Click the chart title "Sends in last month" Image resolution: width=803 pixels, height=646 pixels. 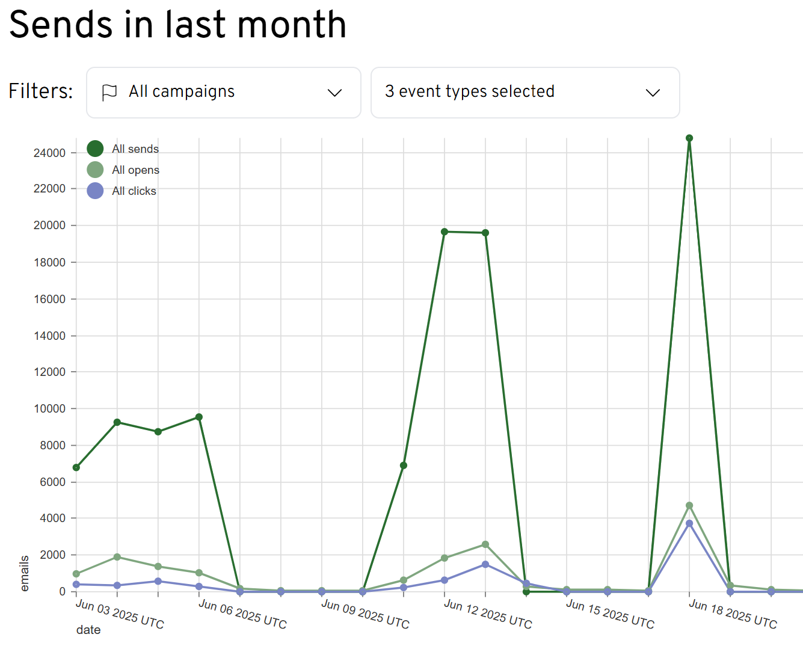tap(177, 25)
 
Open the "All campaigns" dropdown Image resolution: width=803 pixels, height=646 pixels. tap(223, 93)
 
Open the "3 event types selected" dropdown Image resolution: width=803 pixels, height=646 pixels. tap(525, 93)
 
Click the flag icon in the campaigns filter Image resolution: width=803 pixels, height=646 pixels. tap(109, 93)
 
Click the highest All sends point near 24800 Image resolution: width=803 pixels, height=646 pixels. tap(689, 138)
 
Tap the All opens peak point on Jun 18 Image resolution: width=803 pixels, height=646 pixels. tap(689, 506)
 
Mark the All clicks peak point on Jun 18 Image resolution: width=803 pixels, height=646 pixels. tap(689, 523)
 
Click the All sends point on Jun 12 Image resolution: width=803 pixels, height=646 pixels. tap(445, 232)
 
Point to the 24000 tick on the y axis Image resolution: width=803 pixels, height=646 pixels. tap(50, 153)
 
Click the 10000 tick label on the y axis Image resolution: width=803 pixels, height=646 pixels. tap(50, 408)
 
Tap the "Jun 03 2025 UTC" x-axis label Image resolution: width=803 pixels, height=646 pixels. tap(120, 614)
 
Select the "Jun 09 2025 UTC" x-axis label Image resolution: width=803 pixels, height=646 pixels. tap(365, 614)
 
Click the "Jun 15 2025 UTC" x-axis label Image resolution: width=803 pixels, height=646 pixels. tap(610, 614)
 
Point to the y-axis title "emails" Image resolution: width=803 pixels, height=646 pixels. tap(25, 573)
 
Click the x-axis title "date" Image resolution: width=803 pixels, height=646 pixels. tap(88, 630)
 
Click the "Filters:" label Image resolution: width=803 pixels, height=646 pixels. tap(41, 91)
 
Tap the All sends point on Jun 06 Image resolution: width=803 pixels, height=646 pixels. tap(199, 417)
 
